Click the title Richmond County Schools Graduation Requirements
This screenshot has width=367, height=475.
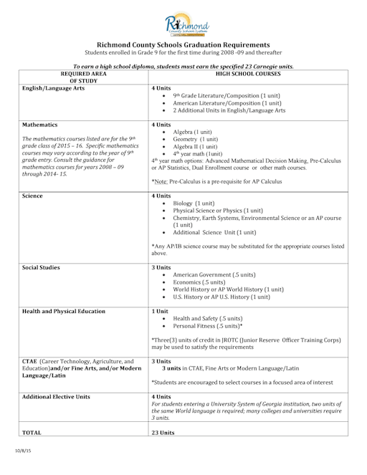click(x=183, y=44)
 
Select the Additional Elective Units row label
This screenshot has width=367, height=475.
click(x=59, y=395)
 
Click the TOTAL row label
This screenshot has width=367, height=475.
click(x=32, y=433)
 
